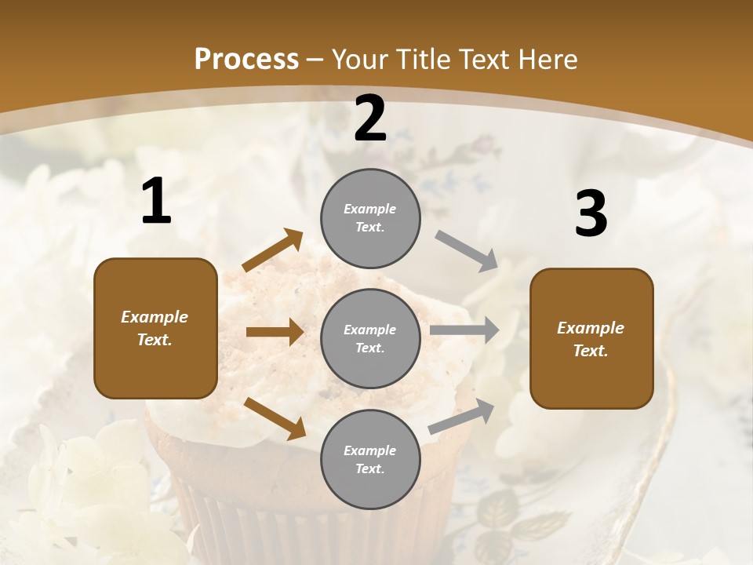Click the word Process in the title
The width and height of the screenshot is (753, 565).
coord(246,59)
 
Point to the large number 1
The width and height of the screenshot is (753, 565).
coord(156,202)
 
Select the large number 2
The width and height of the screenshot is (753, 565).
coord(370,118)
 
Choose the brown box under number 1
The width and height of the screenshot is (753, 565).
coord(155,328)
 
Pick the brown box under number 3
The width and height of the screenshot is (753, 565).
coord(591,338)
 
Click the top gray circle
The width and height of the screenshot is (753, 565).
coord(370,218)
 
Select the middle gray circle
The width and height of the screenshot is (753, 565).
coord(370,338)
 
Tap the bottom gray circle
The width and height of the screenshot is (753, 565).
coord(370,459)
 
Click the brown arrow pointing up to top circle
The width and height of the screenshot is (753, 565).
coord(273,250)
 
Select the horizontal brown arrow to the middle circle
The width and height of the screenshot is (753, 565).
coord(275,332)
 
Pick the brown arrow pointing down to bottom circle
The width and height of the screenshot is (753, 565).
coord(275,417)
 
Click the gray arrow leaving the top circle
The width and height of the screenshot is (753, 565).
coord(467,251)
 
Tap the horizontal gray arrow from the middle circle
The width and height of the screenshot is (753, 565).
coord(464,330)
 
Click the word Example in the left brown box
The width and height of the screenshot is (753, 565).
coord(155,317)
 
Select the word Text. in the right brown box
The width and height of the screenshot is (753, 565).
coord(591,351)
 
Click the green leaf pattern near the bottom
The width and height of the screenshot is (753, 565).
coord(502,518)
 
